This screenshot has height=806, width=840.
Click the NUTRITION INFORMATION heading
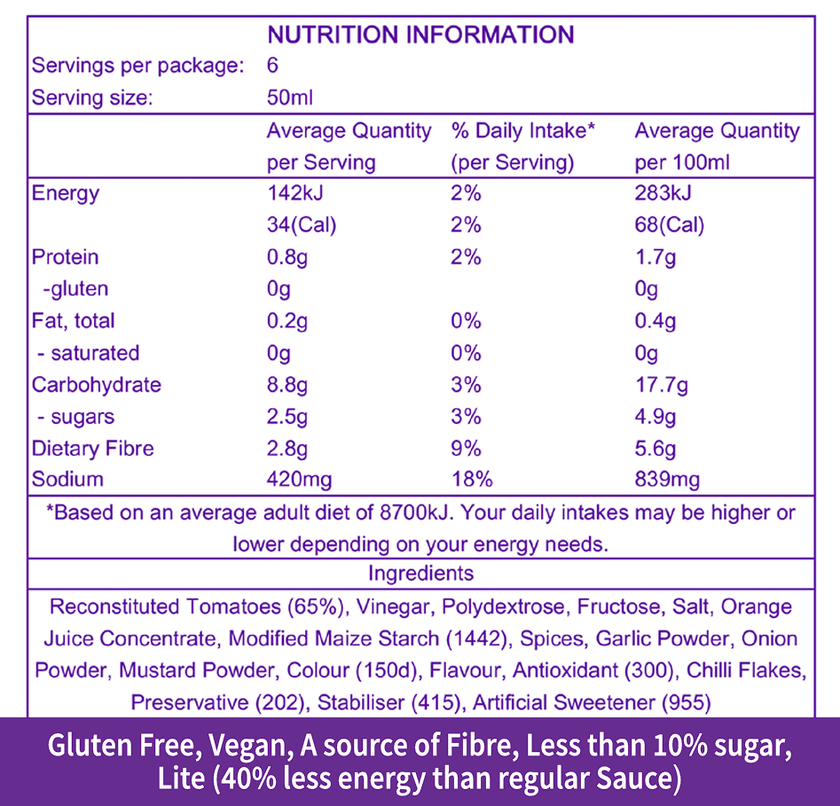420,35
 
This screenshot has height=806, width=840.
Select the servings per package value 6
272,66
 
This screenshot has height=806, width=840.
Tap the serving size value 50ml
290,98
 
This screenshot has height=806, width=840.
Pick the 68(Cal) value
670,225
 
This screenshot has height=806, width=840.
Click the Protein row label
65,257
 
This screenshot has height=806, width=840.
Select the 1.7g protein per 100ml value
656,257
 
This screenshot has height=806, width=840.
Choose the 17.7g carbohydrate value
661,385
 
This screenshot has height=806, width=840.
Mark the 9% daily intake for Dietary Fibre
466,449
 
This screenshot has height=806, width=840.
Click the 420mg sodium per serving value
300,480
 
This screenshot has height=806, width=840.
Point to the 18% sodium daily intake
471,480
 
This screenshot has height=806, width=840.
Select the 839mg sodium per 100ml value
667,480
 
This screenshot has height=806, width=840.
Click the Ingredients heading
420,573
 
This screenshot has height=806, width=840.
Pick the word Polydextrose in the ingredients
503,607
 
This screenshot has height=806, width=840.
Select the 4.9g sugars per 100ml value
656,417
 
